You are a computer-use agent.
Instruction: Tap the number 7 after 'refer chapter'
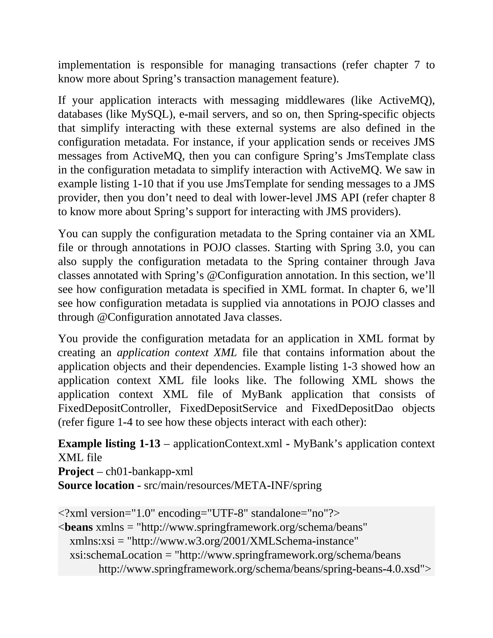tap(417, 65)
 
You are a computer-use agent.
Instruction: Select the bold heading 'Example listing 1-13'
tap(109, 443)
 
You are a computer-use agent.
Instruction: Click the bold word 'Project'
tap(76, 471)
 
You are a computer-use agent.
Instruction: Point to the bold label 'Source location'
tap(96, 485)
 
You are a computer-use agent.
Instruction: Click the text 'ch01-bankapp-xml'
tap(149, 471)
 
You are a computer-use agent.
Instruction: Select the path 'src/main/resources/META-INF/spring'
tap(233, 485)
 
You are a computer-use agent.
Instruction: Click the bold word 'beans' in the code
tap(78, 527)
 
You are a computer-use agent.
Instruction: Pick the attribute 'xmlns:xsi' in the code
tap(92, 541)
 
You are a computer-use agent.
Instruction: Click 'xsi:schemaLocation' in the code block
tap(116, 555)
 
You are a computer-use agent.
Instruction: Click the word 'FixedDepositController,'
tap(114, 408)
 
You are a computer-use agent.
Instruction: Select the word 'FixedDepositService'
tap(228, 408)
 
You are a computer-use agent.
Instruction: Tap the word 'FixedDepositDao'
tap(352, 408)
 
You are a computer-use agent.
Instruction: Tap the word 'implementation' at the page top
tap(94, 65)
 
